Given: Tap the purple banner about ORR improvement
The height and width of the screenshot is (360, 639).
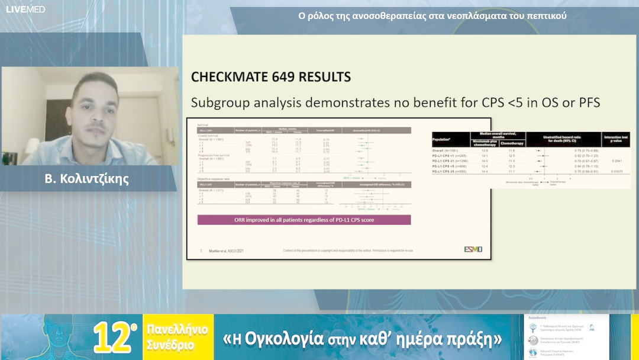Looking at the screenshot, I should [304, 220].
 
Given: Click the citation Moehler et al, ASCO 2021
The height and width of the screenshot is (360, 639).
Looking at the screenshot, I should [227, 251].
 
